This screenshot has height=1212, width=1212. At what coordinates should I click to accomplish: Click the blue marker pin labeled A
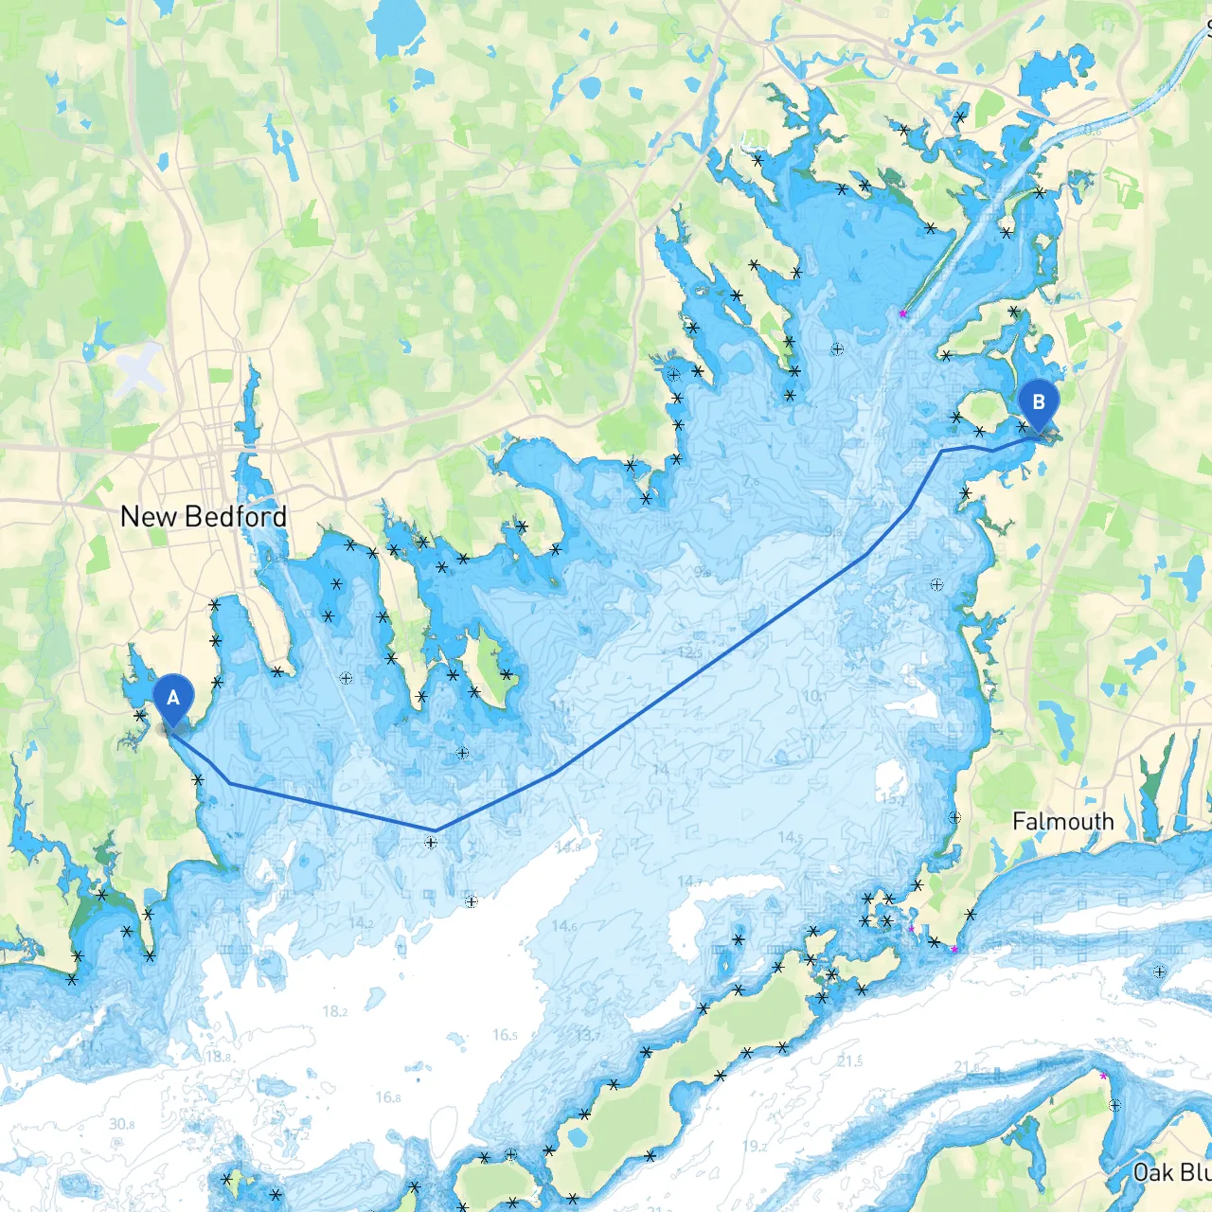(x=172, y=700)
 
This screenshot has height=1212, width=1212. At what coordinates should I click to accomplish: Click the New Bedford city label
(x=204, y=517)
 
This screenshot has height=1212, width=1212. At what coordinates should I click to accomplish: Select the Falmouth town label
(x=1062, y=821)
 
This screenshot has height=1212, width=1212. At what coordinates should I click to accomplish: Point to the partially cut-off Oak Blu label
(x=1171, y=1172)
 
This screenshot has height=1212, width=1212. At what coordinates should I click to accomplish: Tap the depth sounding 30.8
(x=121, y=1124)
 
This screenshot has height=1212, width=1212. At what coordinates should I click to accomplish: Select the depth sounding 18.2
(x=334, y=1011)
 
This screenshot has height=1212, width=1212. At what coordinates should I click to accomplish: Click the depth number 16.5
(x=505, y=1035)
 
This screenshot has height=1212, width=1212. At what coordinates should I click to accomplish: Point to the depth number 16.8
(x=388, y=1097)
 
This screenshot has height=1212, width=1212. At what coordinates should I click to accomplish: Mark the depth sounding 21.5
(x=849, y=1061)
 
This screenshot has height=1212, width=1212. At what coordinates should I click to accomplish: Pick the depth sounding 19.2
(x=755, y=1146)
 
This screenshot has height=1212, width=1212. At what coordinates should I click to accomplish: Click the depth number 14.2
(x=361, y=922)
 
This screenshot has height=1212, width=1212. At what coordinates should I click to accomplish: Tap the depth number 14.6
(x=563, y=925)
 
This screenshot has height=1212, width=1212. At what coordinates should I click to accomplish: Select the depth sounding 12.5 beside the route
(x=690, y=653)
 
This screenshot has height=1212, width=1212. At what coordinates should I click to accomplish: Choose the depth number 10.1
(x=812, y=696)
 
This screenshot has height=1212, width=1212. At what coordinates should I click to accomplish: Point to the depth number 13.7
(x=587, y=1035)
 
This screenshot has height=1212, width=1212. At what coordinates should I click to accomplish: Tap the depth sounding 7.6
(x=750, y=481)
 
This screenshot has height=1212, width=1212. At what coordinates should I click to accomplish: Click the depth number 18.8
(x=219, y=1056)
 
